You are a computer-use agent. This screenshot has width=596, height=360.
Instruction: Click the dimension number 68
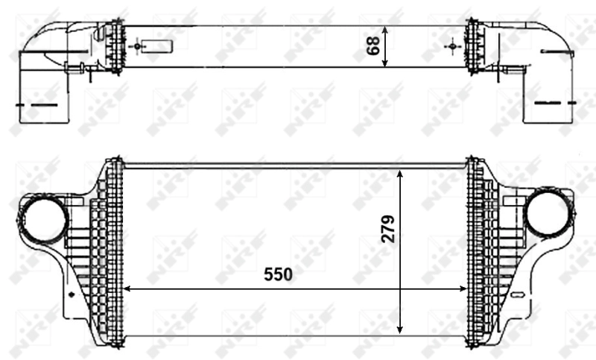point(374,44)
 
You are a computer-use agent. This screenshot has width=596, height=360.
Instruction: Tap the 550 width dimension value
point(278,274)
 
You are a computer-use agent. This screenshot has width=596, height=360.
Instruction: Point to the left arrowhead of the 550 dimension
point(127,288)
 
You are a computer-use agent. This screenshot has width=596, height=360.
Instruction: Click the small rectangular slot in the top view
point(156,45)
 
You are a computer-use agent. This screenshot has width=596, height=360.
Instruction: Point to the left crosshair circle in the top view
point(135,46)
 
